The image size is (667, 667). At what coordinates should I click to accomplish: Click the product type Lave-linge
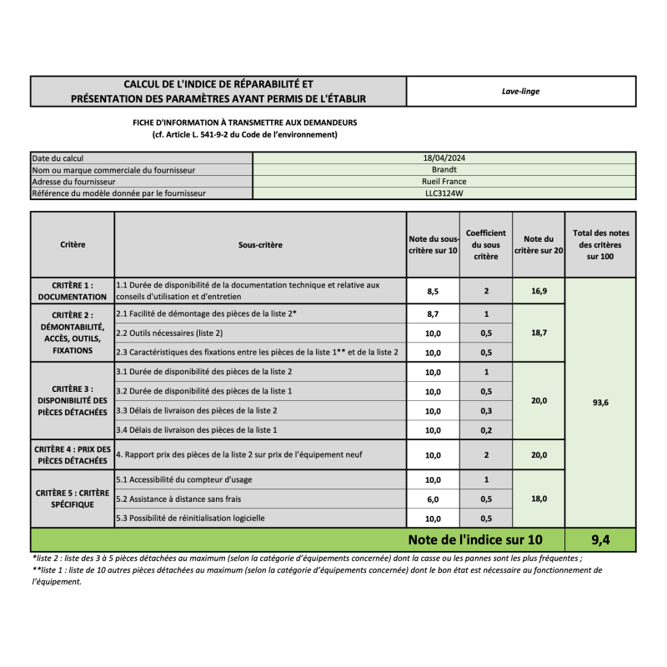520,91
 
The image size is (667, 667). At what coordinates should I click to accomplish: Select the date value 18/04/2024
444,158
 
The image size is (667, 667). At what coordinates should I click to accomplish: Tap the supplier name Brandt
444,169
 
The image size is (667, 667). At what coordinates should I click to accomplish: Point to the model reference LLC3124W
444,193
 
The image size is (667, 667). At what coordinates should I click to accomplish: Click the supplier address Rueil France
444,181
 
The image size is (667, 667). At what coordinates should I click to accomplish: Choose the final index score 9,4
599,539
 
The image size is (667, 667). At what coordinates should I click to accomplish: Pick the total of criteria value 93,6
599,402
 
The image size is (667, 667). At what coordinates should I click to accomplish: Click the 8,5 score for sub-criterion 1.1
433,291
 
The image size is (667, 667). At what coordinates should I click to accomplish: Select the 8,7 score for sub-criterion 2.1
433,314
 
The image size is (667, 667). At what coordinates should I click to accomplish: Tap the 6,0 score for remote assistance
433,499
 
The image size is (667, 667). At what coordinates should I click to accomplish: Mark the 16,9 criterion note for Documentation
539,291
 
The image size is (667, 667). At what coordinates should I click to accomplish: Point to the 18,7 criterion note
539,332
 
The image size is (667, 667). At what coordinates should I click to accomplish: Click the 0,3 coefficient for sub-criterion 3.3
486,411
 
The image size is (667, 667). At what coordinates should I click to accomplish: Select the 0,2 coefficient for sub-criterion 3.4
486,430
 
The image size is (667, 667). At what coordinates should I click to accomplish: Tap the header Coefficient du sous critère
486,245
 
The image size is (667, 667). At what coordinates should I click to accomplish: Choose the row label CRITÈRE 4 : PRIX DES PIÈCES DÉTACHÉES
72,454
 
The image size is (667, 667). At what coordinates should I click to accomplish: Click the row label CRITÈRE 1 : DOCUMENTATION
73,290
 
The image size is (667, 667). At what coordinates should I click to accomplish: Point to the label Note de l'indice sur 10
474,539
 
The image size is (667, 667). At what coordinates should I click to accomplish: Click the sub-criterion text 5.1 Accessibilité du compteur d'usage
184,479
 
